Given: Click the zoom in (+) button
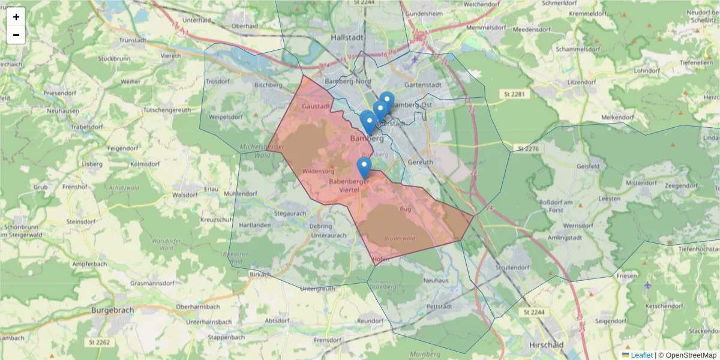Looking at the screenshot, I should [x=16, y=17].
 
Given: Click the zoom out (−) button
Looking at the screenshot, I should [x=16, y=35].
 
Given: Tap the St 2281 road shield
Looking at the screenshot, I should [x=514, y=94].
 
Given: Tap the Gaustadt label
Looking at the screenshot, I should [x=316, y=106].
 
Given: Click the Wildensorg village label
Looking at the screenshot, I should [x=319, y=171].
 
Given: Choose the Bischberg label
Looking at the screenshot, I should [x=268, y=85].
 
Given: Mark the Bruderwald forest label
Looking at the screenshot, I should [x=400, y=238].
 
